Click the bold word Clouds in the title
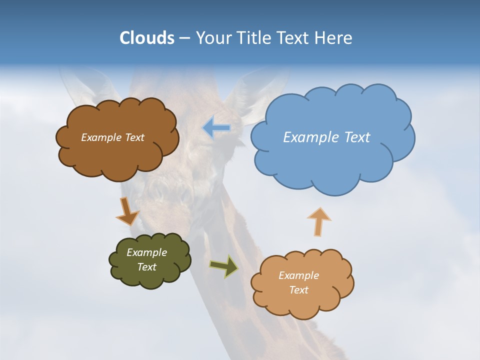click(x=147, y=38)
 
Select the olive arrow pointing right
click(x=223, y=266)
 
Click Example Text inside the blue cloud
click(x=326, y=137)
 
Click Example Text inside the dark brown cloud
click(x=112, y=137)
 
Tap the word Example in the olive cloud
click(x=146, y=252)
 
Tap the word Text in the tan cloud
click(x=298, y=290)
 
